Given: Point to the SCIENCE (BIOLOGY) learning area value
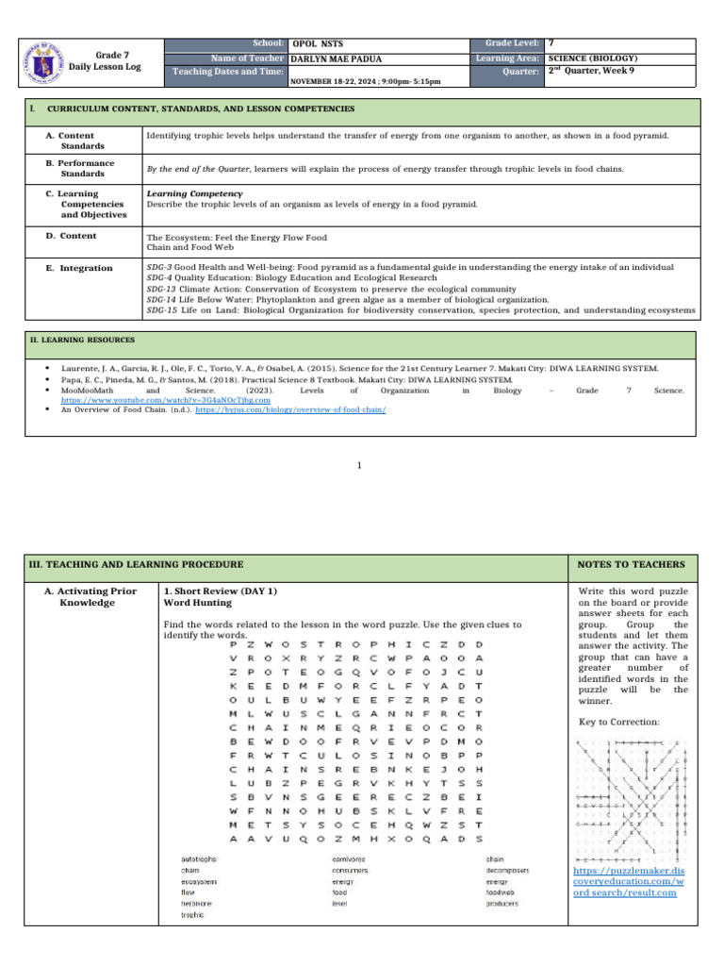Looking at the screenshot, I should point(594,58).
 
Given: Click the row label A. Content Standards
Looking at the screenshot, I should point(71,142).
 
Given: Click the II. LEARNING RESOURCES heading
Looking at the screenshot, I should point(83,340).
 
